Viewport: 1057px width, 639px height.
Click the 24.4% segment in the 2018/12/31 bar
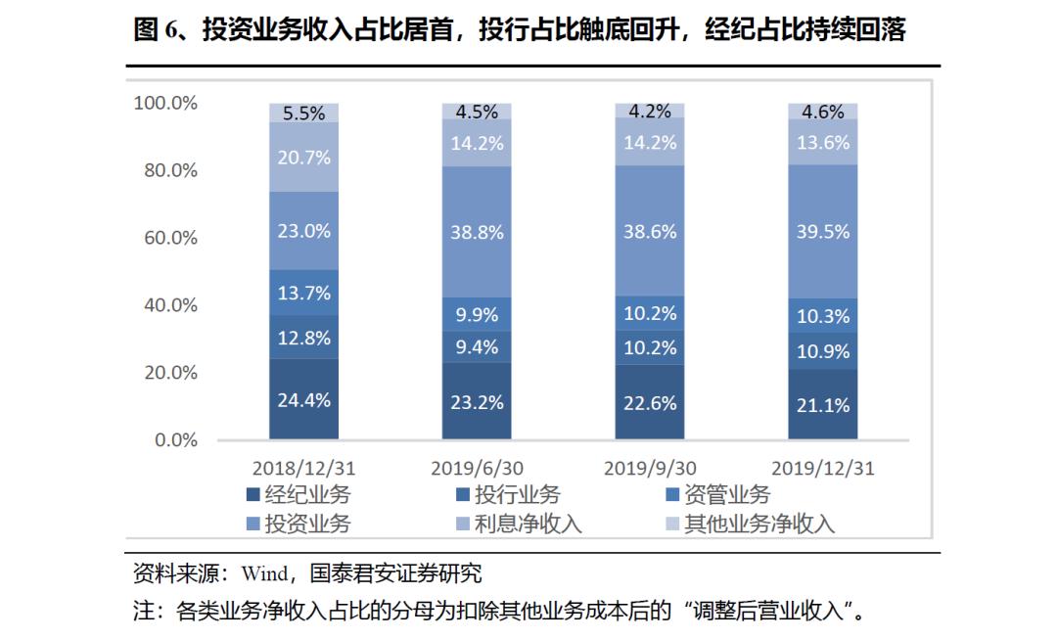(x=304, y=399)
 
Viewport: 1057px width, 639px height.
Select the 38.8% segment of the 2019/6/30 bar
(x=477, y=232)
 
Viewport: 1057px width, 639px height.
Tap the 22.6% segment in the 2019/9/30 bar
(x=650, y=402)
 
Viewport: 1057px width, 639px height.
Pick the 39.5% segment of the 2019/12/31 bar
(x=823, y=231)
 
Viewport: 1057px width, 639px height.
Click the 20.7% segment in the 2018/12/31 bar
(x=304, y=157)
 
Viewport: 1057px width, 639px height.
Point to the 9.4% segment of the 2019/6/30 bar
(x=477, y=346)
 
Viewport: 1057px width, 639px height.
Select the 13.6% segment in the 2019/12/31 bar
(x=823, y=142)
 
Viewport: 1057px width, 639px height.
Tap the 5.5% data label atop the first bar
(x=304, y=113)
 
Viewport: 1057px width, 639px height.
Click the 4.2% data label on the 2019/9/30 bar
(x=650, y=111)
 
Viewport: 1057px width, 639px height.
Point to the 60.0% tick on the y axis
(x=165, y=238)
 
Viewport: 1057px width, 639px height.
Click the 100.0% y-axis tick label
(x=165, y=103)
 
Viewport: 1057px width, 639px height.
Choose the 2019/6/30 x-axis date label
(x=477, y=468)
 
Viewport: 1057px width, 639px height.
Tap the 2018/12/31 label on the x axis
(x=304, y=468)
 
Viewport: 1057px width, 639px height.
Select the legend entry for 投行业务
(x=506, y=494)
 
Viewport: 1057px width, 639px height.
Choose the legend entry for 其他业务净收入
(x=748, y=524)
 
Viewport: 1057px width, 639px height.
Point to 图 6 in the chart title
(x=154, y=31)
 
